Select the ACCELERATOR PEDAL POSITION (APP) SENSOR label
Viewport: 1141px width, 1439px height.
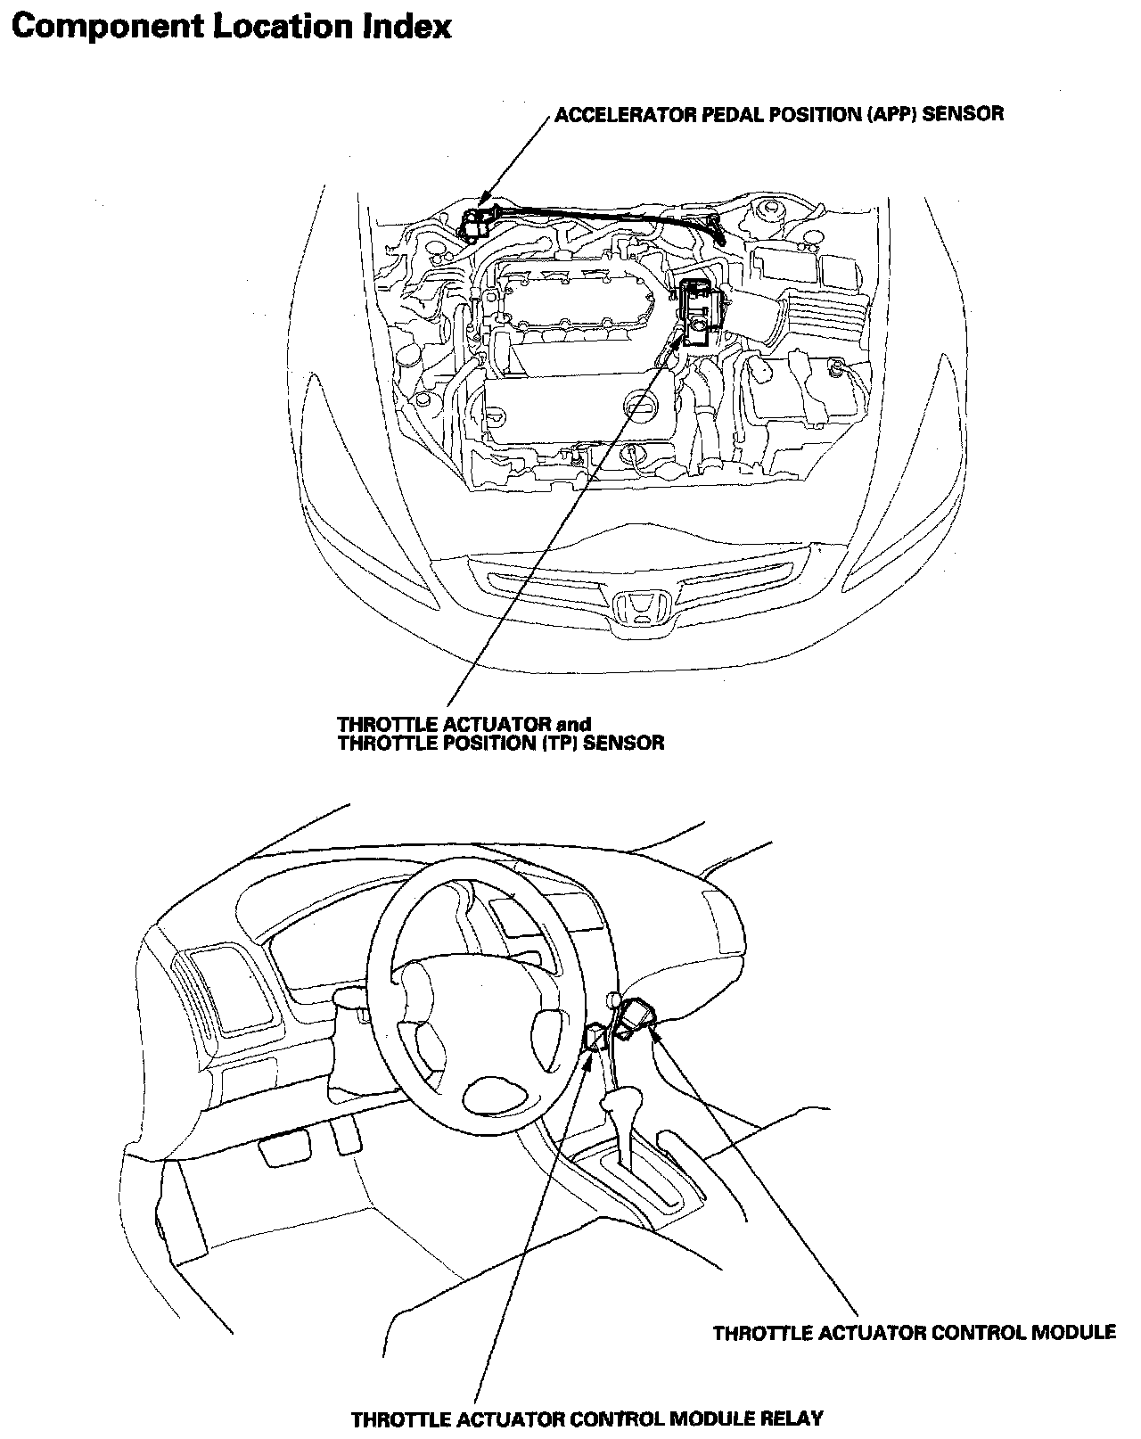[x=779, y=115]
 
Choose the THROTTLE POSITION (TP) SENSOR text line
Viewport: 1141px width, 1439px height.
[x=501, y=743]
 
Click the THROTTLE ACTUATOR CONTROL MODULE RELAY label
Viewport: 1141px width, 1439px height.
[x=587, y=1418]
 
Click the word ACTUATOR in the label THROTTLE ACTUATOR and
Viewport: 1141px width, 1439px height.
[x=502, y=724]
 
